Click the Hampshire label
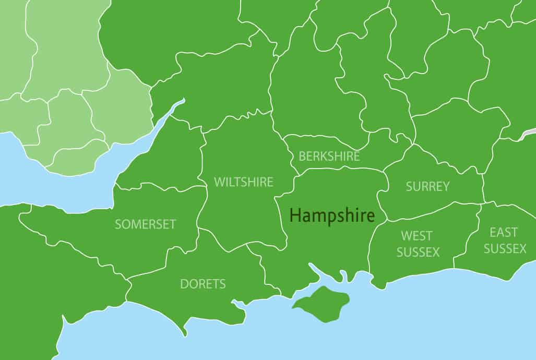coord(332,215)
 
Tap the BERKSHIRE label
coord(329,156)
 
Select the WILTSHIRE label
coord(244,182)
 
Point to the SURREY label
coord(427,186)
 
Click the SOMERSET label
coord(145,224)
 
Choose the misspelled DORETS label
coord(203,284)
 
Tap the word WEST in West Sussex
coord(416,236)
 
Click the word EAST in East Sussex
coord(504,232)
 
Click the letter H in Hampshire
coord(295,215)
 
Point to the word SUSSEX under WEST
coord(418,252)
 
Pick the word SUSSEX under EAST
coord(505,249)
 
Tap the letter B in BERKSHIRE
coord(302,156)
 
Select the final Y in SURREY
coord(445,186)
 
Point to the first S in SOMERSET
coord(118,224)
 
